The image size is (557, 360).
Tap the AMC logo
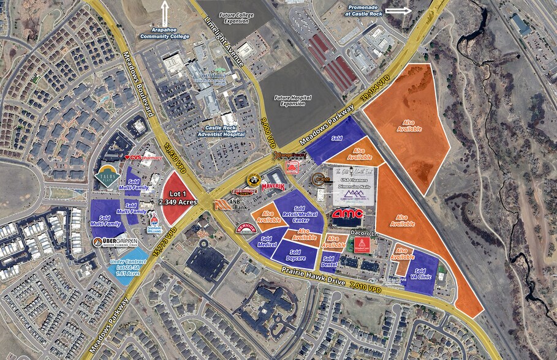(x=347, y=214)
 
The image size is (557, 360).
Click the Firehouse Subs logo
(x=244, y=192)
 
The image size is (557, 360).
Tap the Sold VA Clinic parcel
(x=420, y=274)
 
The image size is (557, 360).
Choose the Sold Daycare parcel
(x=294, y=255)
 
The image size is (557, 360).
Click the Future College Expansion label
(x=227, y=17)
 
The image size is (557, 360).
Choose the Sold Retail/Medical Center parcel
(x=299, y=212)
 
